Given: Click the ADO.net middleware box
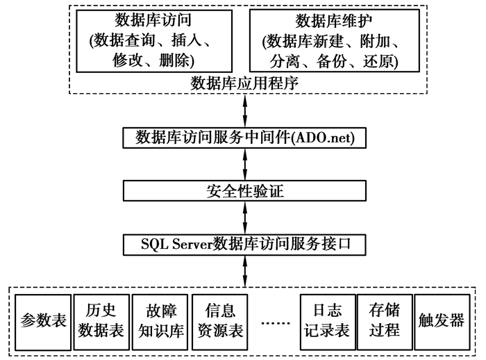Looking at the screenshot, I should tap(244, 137).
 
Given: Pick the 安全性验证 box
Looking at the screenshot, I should tap(244, 190).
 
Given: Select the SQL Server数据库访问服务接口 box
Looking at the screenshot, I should tap(244, 244).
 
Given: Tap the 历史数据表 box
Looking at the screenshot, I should tap(102, 320).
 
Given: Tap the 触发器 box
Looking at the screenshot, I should tap(441, 320).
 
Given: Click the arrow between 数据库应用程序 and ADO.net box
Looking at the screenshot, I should tap(244, 111).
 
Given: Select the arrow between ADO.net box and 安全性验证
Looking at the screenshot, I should tap(244, 164).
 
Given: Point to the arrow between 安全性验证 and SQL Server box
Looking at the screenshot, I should tap(244, 218).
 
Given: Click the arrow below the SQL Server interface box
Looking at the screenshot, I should tap(244, 269).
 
